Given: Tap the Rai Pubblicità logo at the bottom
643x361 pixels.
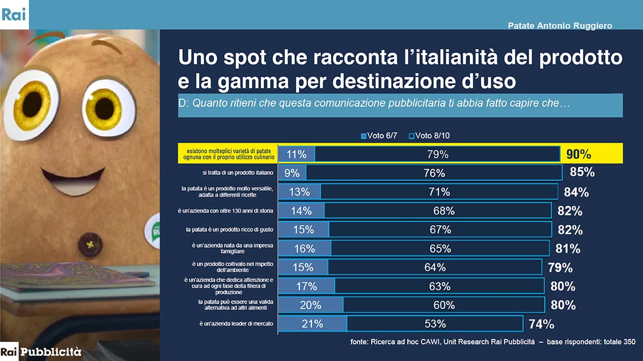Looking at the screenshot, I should (41, 352).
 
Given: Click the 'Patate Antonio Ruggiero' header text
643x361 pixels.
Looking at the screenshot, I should (559, 26).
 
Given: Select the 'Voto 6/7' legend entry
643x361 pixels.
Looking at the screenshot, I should (379, 136).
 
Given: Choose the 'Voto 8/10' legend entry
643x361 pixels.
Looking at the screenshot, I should (429, 136).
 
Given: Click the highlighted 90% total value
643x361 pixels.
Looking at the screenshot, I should (579, 154).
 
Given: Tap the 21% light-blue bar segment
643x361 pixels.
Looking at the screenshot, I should (312, 324).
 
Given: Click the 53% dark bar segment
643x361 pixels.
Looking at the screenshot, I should (435, 324).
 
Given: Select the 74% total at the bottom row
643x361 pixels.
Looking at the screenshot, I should (541, 324).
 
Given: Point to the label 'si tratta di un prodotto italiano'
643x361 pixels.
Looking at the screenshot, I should (234, 173).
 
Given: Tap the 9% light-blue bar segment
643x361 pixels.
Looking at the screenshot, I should (292, 173).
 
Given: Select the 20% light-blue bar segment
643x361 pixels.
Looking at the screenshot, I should (311, 305).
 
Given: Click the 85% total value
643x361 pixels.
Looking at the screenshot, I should (582, 173).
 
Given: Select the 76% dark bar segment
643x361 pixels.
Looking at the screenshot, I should (434, 173).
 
